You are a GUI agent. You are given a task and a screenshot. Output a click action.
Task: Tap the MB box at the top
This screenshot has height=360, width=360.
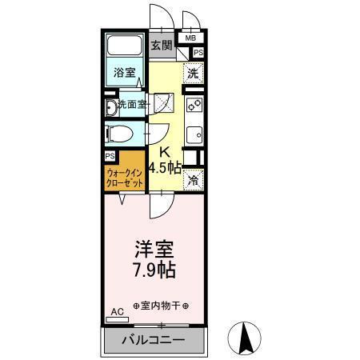190,38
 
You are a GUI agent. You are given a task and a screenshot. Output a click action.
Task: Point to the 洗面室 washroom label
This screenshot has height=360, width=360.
131,104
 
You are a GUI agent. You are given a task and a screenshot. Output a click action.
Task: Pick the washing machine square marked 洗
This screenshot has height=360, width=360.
193,73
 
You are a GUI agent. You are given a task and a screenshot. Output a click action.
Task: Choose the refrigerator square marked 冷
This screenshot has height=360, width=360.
193,181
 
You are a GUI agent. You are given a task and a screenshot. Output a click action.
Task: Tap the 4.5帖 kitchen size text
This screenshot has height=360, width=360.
164,167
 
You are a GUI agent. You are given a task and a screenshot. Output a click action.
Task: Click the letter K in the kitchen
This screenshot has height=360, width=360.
164,152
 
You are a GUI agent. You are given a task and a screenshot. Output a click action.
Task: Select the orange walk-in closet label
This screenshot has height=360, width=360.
125,177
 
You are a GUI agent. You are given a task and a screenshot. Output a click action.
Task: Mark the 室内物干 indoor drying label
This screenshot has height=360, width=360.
161,306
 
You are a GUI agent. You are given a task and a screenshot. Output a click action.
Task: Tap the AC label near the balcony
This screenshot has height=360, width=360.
115,312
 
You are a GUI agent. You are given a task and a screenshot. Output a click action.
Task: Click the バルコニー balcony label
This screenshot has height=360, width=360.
153,340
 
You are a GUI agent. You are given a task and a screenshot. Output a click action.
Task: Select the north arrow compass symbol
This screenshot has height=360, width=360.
246,338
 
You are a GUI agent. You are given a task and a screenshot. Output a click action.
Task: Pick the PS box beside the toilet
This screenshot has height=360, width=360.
110,155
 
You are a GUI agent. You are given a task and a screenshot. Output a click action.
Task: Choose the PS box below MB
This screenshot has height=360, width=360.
198,53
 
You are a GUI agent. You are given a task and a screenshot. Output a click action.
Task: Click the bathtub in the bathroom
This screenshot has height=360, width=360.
124,50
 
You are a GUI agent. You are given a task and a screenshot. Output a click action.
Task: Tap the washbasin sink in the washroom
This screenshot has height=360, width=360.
110,105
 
